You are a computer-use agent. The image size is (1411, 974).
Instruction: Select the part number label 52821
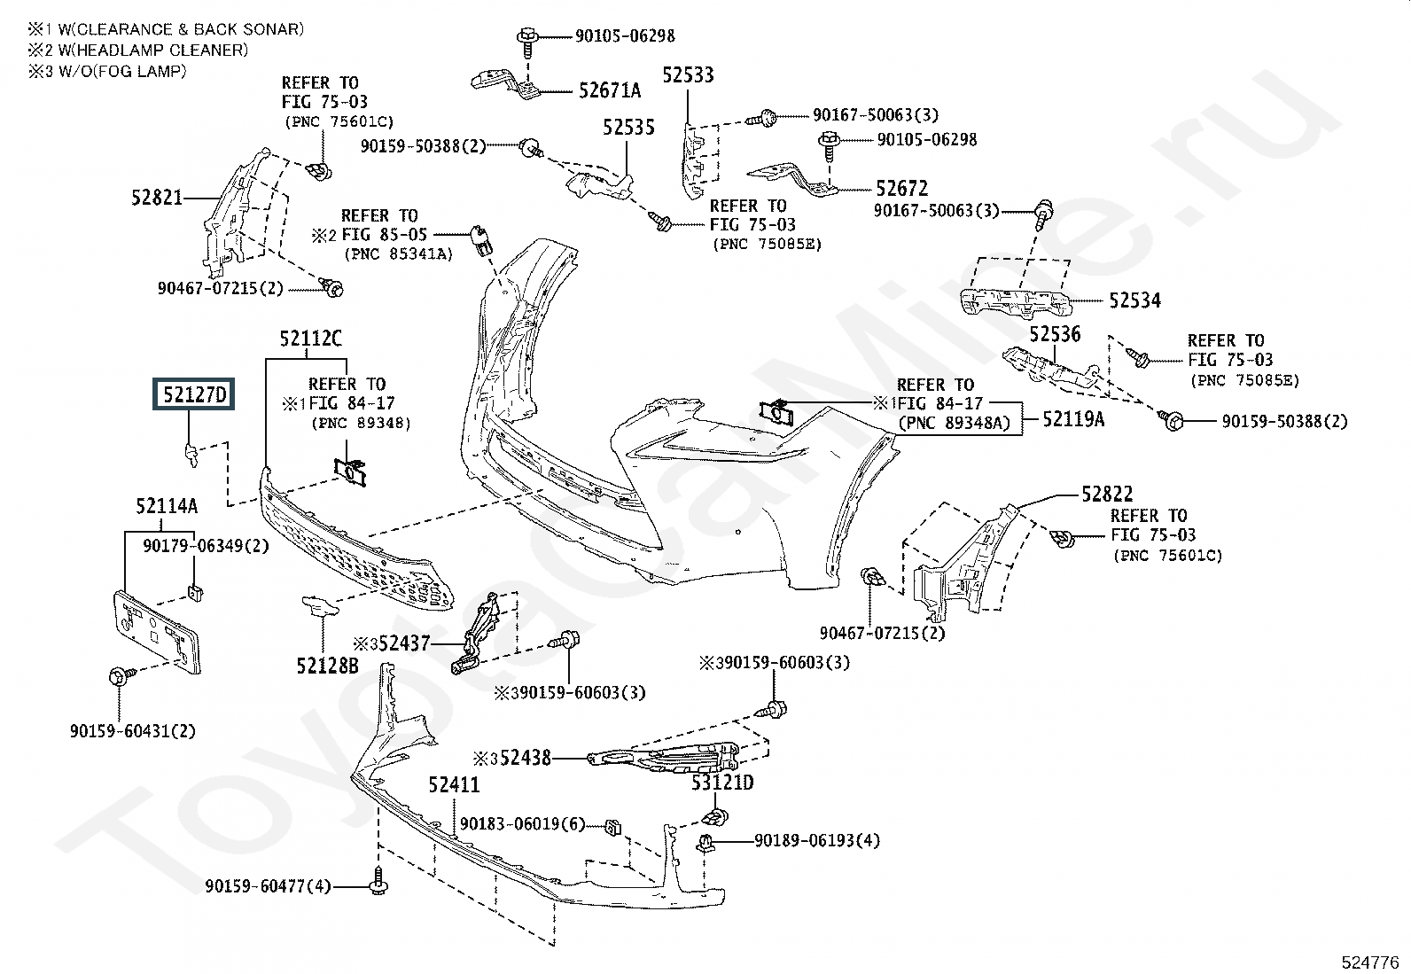[158, 197]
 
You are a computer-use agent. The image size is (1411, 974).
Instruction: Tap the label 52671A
[610, 90]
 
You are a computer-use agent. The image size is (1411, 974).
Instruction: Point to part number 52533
[689, 75]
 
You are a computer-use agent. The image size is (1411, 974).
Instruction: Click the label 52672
[901, 189]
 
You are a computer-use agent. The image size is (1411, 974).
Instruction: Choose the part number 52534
[1134, 301]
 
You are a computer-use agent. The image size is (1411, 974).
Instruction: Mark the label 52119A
[1073, 418]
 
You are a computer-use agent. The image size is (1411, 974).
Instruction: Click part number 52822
[1107, 494]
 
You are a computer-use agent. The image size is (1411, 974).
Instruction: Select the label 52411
[454, 785]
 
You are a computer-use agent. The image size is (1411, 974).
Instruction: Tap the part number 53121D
[722, 783]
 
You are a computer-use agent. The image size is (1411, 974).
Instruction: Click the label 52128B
[328, 664]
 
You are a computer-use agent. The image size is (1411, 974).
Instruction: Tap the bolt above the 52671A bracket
[526, 38]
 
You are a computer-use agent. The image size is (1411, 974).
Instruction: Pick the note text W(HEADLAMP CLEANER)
[138, 51]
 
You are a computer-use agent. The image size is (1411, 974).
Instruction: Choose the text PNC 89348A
[954, 423]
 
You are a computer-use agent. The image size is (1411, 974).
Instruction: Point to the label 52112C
[310, 339]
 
